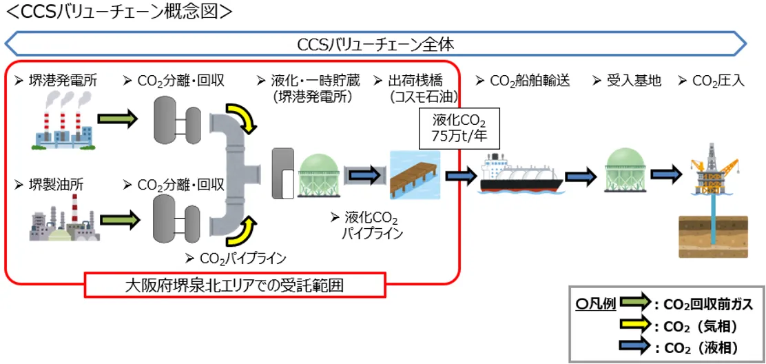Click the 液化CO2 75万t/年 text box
coord(459,128)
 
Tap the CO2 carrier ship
coord(521,174)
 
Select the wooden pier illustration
coord(415,174)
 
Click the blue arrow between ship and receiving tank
coord(583,174)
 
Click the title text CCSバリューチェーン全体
coord(375,45)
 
